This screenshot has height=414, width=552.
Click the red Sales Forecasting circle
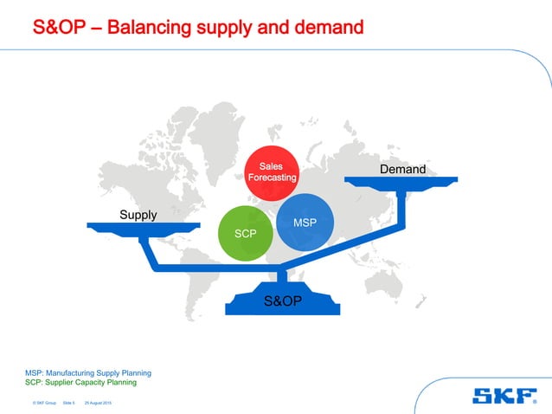coord(272,171)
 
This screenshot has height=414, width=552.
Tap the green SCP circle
coord(246,233)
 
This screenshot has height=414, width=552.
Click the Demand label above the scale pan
coord(402,169)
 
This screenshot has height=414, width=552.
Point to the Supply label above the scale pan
coord(138,215)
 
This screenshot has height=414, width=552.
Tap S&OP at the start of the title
coord(60,29)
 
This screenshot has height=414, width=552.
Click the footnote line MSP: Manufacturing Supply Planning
coord(88,373)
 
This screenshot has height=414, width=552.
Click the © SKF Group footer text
coord(43,404)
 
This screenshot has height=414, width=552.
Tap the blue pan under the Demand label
coord(402,180)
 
